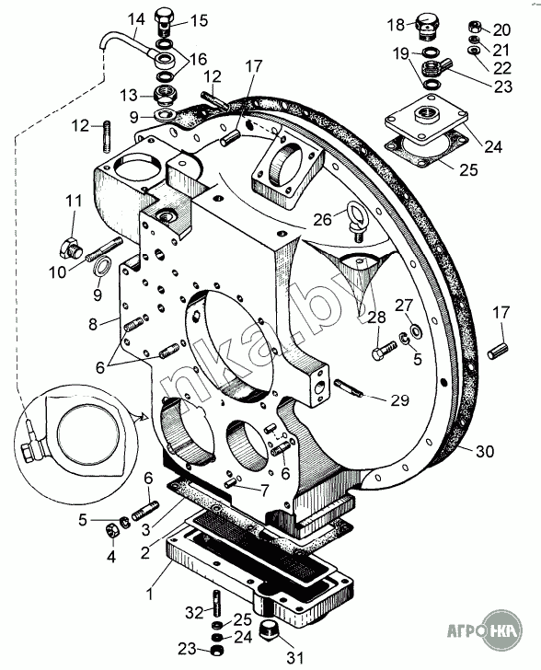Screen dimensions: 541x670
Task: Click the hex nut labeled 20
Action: [476, 27]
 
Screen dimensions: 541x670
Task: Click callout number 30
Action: [485, 451]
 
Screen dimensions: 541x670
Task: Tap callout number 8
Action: [93, 323]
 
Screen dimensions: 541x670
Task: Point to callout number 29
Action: [399, 400]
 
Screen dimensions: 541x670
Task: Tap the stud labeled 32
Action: [216, 603]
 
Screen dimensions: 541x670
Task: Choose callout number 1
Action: [149, 595]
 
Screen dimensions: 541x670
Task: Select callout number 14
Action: [137, 19]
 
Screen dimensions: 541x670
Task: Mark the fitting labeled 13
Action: [166, 96]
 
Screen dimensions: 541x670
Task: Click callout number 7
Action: [265, 491]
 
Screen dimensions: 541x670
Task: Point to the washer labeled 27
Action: [415, 329]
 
